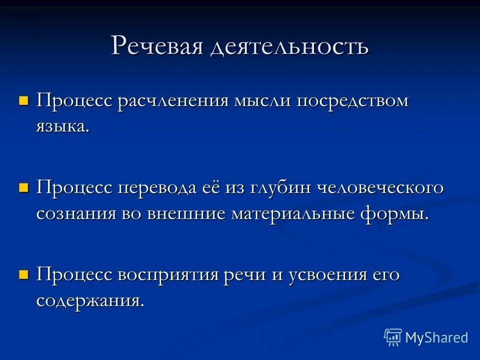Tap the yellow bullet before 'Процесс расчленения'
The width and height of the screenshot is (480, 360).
click(x=23, y=101)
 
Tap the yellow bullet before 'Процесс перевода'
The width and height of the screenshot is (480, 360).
click(x=23, y=188)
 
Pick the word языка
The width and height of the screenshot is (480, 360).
click(x=62, y=126)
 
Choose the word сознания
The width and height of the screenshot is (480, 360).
click(x=75, y=213)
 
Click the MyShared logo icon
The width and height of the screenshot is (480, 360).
click(x=393, y=337)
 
